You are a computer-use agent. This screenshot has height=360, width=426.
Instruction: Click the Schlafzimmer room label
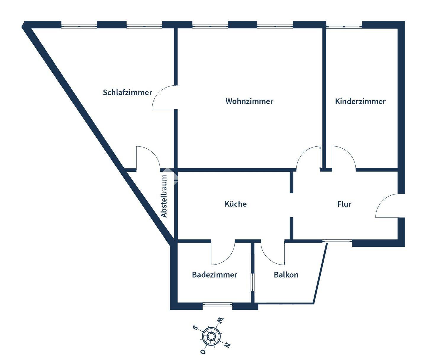pyautogui.click(x=127, y=93)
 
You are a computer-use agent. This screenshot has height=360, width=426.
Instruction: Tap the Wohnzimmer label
pyautogui.click(x=249, y=101)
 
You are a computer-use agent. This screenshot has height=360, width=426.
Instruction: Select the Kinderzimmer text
pyautogui.click(x=360, y=101)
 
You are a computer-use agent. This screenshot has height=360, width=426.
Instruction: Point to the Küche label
pyautogui.click(x=235, y=204)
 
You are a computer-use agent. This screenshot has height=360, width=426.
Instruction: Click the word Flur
pyautogui.click(x=344, y=204)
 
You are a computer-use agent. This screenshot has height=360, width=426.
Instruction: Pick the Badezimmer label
pyautogui.click(x=214, y=275)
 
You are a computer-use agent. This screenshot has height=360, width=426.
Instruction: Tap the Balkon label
pyautogui.click(x=286, y=275)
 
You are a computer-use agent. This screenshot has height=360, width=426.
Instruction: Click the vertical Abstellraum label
pyautogui.click(x=164, y=196)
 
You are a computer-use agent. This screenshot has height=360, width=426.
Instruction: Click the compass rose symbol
pyautogui.click(x=211, y=336)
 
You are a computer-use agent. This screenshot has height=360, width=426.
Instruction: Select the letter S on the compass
pyautogui.click(x=195, y=327)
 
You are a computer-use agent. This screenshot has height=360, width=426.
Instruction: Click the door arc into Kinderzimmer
pyautogui.click(x=343, y=158)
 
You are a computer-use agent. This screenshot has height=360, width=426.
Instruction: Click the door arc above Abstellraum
pyautogui.click(x=148, y=158)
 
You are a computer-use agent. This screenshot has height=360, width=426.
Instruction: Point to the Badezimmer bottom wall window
pyautogui.click(x=217, y=304)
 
